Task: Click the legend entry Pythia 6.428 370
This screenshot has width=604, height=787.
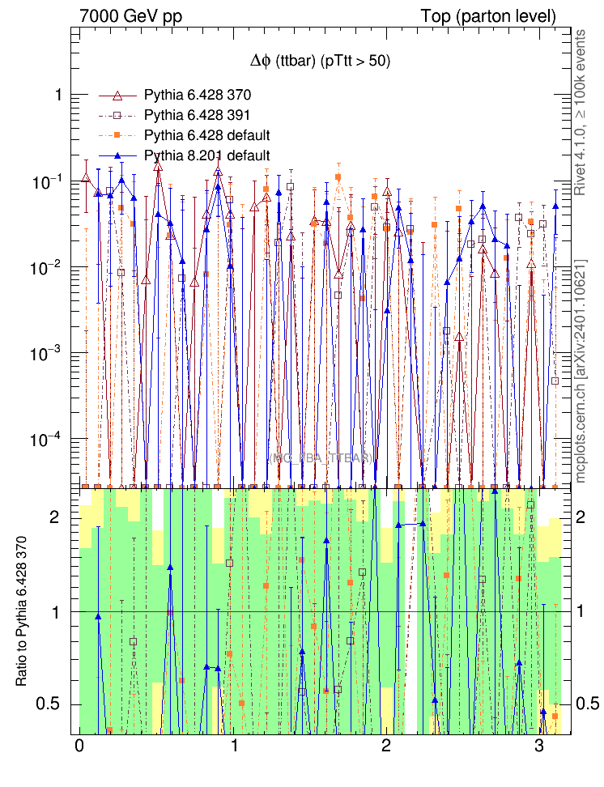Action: click(x=198, y=94)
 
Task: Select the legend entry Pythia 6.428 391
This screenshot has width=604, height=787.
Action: click(x=198, y=114)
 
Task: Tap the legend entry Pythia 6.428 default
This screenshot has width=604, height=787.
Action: click(x=206, y=134)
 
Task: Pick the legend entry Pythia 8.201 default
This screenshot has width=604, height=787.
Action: click(x=206, y=155)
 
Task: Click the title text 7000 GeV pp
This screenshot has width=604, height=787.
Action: click(x=130, y=16)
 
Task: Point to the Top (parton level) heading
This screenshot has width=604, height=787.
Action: click(x=488, y=16)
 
